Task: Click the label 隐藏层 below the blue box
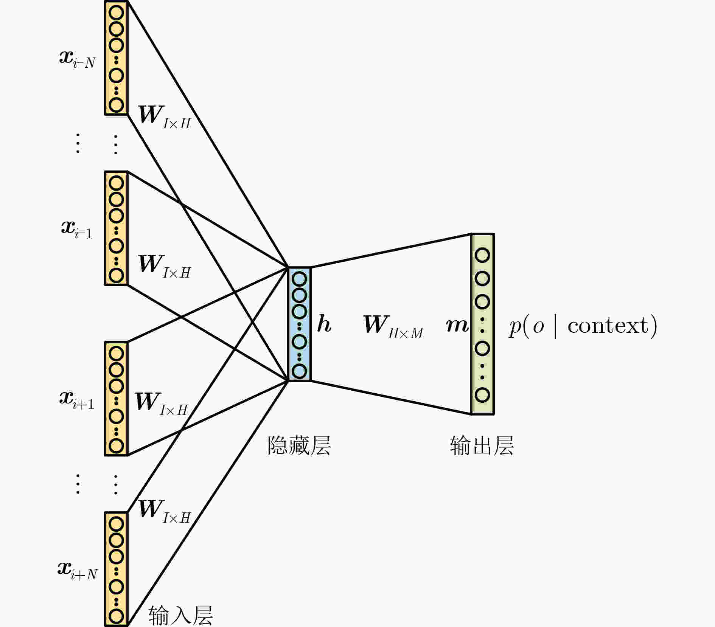[299, 445]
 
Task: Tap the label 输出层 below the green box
[482, 445]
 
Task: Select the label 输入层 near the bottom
[181, 616]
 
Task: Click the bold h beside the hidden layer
[324, 324]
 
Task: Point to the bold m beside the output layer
[457, 325]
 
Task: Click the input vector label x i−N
[78, 59]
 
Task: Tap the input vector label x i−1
[77, 229]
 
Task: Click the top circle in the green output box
[482, 255]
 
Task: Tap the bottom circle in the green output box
[482, 395]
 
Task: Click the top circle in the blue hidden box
[299, 279]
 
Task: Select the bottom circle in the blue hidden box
[299, 371]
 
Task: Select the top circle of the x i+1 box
[116, 354]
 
